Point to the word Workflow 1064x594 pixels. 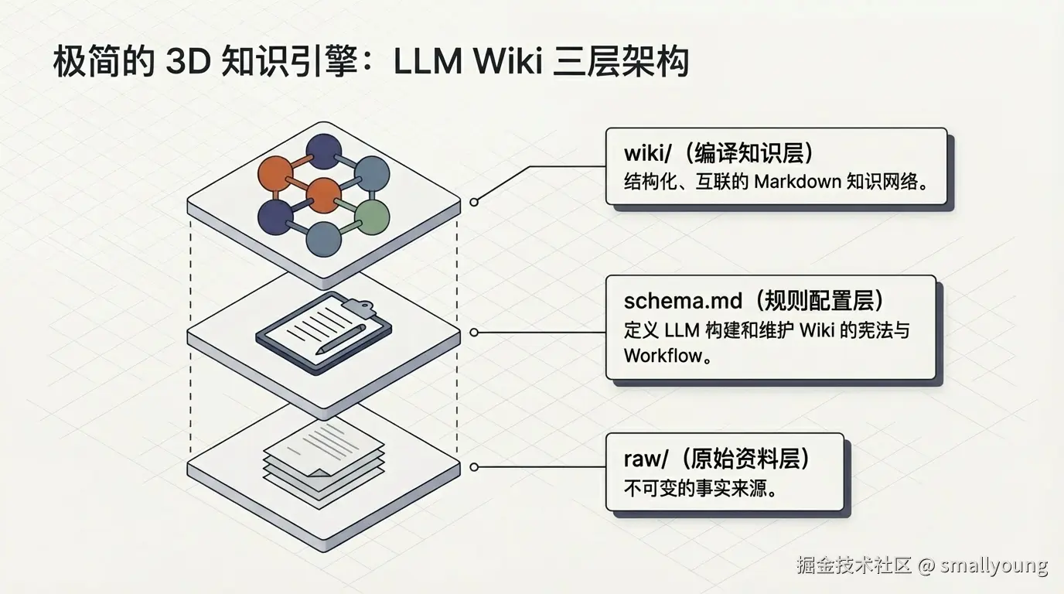point(663,357)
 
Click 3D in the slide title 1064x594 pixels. point(188,62)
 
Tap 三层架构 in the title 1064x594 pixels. point(621,62)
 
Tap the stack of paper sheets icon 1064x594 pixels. point(324,460)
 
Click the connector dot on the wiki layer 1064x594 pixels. point(474,202)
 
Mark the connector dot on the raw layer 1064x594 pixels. point(474,467)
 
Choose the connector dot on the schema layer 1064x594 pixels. point(474,333)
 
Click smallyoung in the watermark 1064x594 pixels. point(994,565)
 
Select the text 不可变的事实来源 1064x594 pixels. point(699,489)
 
